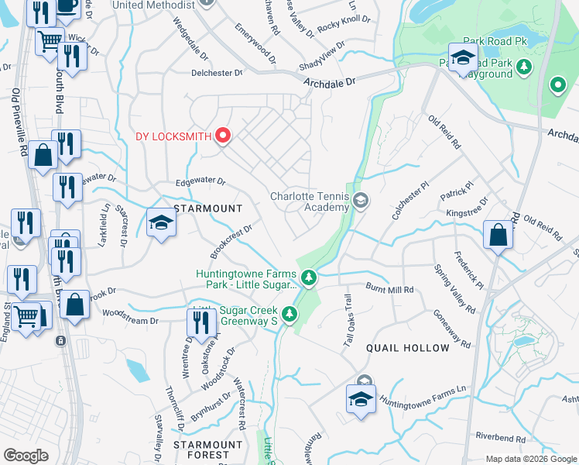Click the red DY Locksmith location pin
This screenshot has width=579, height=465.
tap(224, 136)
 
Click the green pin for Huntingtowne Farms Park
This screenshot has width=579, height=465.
tap(308, 277)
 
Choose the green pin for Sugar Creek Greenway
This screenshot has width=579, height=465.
tap(289, 314)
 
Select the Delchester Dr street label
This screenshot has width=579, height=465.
tap(218, 73)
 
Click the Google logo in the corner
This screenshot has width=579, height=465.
tap(26, 456)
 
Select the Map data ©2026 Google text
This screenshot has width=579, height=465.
tap(531, 459)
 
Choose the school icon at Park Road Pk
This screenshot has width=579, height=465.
tap(462, 59)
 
